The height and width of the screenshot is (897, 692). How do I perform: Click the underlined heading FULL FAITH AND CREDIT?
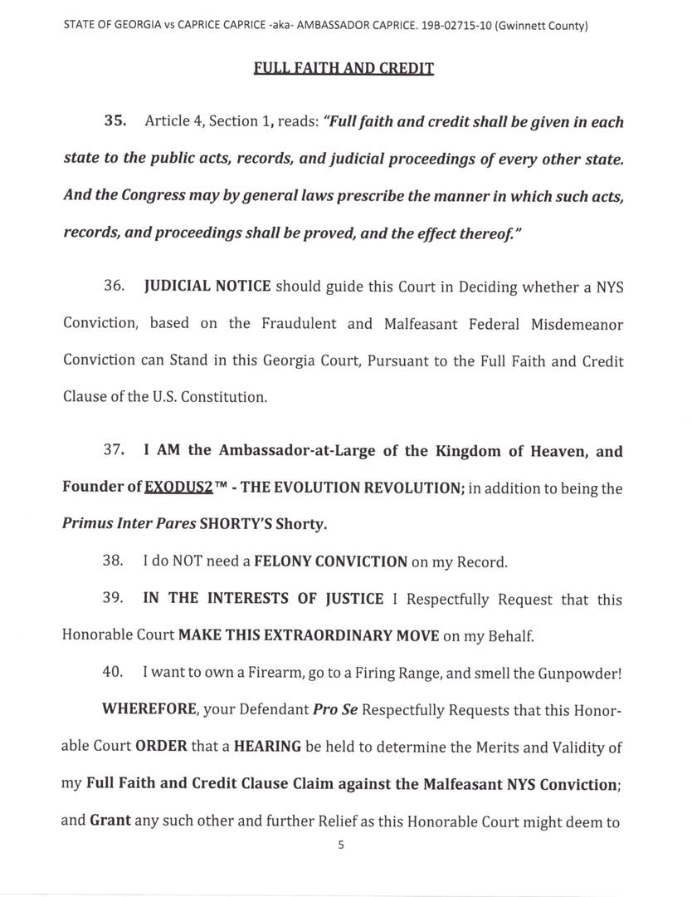click(x=344, y=67)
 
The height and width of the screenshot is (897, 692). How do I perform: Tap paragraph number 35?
click(x=115, y=121)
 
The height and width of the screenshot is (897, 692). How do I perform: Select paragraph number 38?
click(x=113, y=561)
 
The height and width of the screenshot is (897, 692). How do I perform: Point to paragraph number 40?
click(x=113, y=674)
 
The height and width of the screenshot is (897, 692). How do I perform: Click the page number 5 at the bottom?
click(x=340, y=845)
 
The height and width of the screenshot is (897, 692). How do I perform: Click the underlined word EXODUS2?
click(x=178, y=488)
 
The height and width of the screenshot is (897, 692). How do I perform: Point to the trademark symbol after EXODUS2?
click(x=222, y=485)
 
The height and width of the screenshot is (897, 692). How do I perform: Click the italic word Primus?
click(x=91, y=524)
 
